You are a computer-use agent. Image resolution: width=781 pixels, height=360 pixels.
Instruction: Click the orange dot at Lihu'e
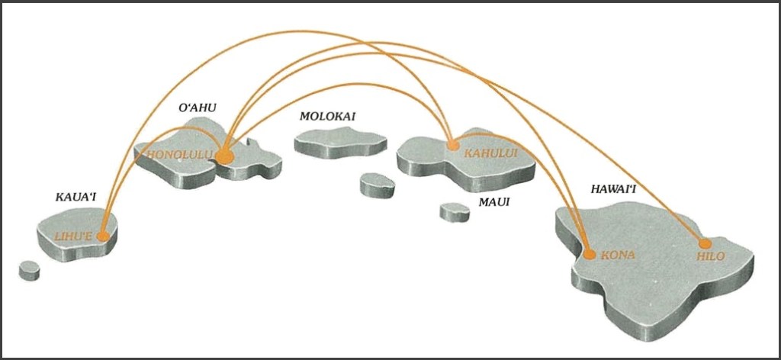pyautogui.click(x=103, y=236)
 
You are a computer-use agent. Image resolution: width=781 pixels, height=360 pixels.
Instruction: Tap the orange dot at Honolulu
pyautogui.click(x=223, y=156)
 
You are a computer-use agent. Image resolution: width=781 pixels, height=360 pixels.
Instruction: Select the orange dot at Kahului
pyautogui.click(x=452, y=145)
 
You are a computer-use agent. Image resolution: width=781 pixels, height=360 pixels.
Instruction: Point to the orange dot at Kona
pyautogui.click(x=589, y=253)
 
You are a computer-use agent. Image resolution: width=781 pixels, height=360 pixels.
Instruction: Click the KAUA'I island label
pyautogui.click(x=76, y=198)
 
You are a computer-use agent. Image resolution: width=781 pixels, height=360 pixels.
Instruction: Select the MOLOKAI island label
pyautogui.click(x=327, y=117)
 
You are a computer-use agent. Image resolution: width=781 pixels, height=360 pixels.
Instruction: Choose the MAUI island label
pyautogui.click(x=493, y=203)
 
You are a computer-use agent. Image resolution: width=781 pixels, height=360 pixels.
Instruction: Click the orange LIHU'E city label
pyautogui.click(x=74, y=237)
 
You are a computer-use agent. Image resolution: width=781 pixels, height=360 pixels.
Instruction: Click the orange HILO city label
pyautogui.click(x=711, y=257)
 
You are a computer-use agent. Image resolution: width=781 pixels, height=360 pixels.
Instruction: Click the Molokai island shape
pyautogui.click(x=340, y=140)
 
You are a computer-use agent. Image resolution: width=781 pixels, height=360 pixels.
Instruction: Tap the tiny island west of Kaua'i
pyautogui.click(x=29, y=269)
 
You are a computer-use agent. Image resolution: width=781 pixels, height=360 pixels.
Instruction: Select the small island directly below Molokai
pyautogui.click(x=377, y=184)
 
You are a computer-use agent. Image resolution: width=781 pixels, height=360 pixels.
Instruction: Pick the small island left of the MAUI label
pyautogui.click(x=455, y=211)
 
